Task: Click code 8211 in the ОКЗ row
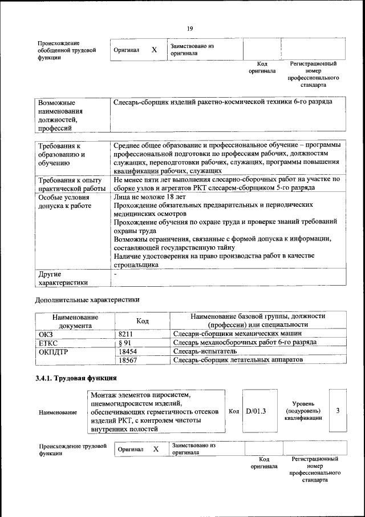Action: click(126, 333)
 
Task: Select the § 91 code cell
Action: click(125, 342)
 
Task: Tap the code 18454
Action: click(128, 351)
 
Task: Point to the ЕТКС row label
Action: click(48, 342)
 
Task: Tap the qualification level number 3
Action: click(338, 410)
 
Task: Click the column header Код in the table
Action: click(143, 321)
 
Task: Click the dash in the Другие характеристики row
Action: click(115, 274)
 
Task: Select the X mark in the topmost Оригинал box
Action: click(154, 50)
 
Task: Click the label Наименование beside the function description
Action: click(58, 412)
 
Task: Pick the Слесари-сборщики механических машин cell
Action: click(237, 333)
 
